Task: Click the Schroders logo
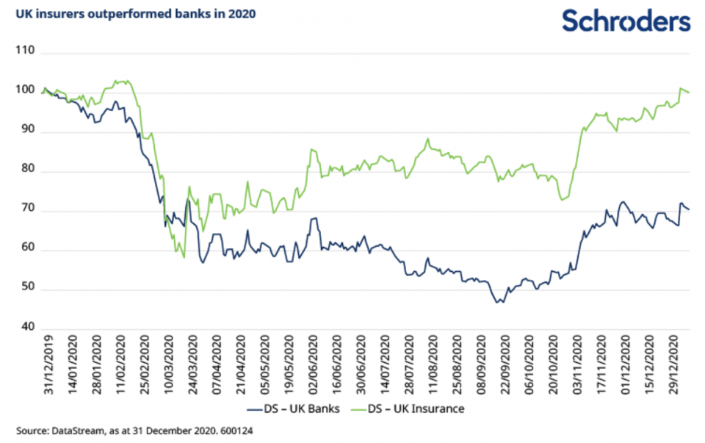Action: pyautogui.click(x=626, y=21)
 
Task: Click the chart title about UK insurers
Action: pyautogui.click(x=136, y=12)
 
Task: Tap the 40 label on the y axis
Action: pyautogui.click(x=29, y=328)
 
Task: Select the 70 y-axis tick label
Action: pyautogui.click(x=29, y=212)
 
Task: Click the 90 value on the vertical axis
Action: pyautogui.click(x=29, y=132)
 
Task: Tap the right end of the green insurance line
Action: pyautogui.click(x=689, y=93)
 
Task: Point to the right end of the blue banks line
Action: pyautogui.click(x=689, y=209)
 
